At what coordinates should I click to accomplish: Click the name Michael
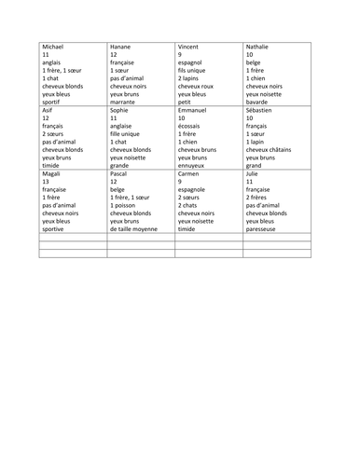(x=55, y=46)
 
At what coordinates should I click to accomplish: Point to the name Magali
(x=53, y=173)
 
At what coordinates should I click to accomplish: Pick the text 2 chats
(x=189, y=205)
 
